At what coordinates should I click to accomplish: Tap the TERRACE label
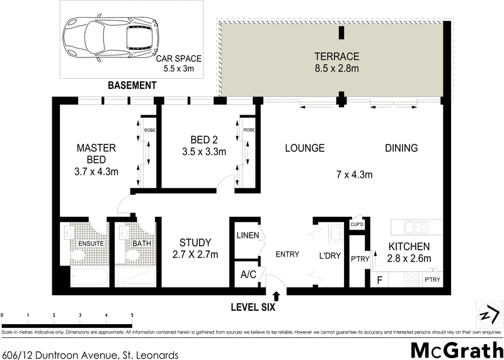point(336,55)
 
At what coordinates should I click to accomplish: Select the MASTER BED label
point(96,153)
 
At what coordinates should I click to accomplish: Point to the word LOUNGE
point(304,148)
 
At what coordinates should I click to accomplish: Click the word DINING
point(401,148)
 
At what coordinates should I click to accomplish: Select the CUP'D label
point(357,224)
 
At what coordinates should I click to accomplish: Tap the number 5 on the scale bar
point(132,313)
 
